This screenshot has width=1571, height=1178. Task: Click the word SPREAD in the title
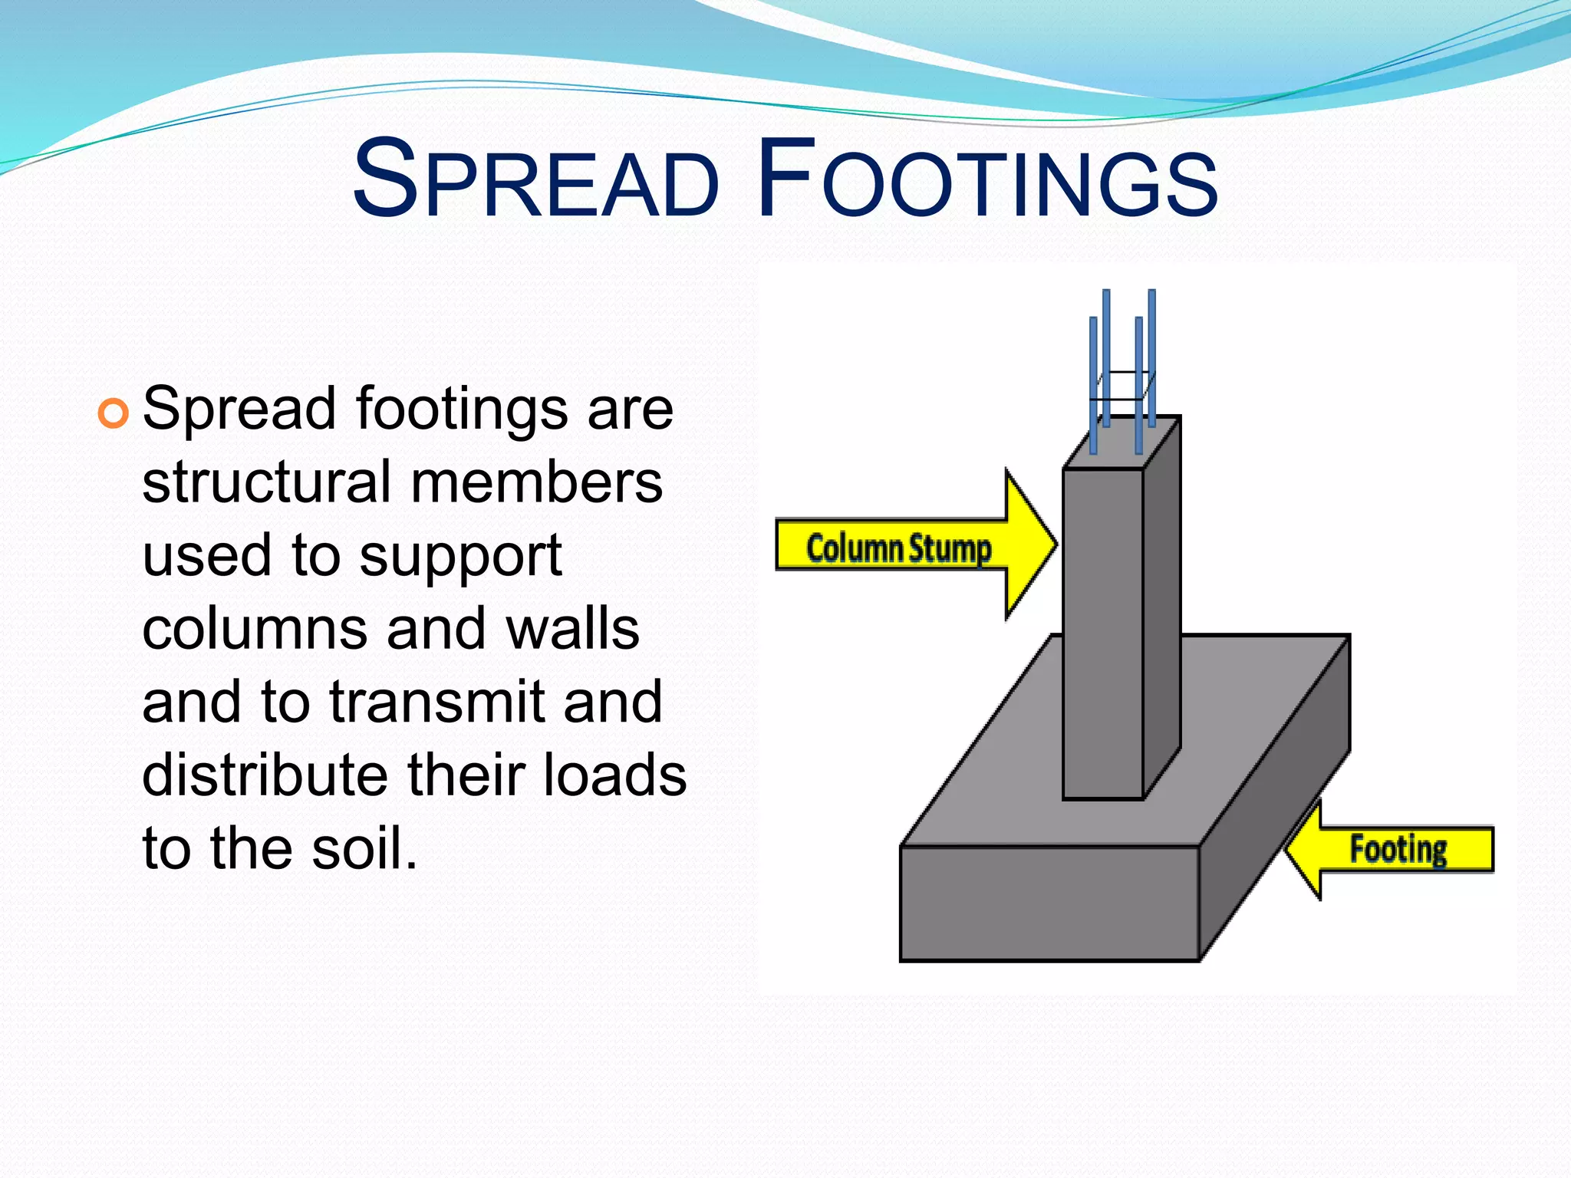coord(535,181)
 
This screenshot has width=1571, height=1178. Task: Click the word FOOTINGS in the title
coord(987,181)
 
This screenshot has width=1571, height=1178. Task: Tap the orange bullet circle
coord(114,414)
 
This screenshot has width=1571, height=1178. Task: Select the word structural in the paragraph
coord(266,483)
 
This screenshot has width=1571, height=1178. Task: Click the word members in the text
coord(536,483)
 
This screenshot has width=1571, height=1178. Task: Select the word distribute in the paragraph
coord(265,775)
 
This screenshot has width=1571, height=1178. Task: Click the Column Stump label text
coord(898,548)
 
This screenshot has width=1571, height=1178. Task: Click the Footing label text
coord(1398,850)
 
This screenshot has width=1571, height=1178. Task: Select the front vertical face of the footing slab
coord(1049,903)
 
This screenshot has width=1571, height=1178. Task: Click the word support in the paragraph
coord(460,557)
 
